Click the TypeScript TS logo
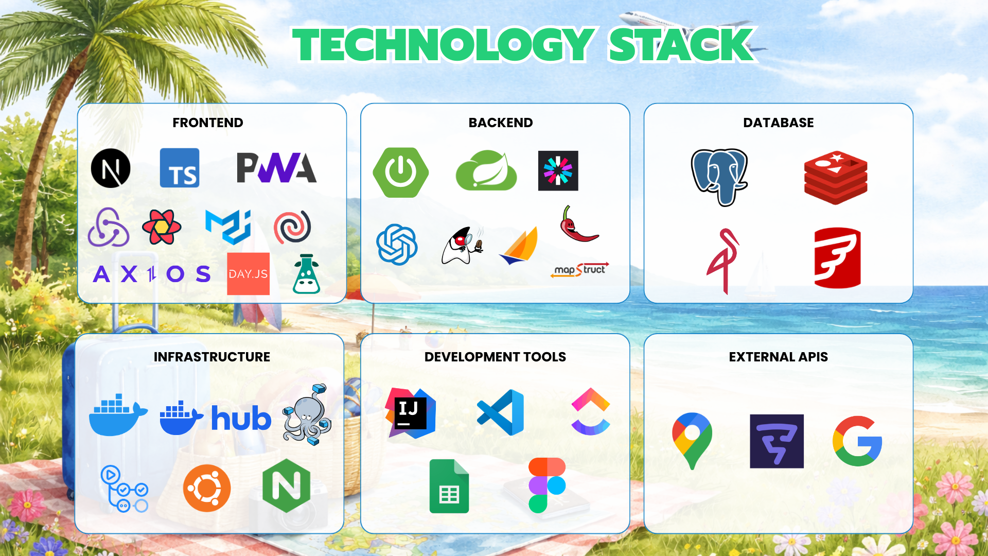coord(180,168)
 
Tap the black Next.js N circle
coord(111,168)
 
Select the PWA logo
coord(276,168)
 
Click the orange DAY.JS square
coord(248,274)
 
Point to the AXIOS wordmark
coord(152,274)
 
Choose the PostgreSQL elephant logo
coord(719,177)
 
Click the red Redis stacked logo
coord(836,178)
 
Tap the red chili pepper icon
coord(578,224)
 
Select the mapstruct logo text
coord(580,270)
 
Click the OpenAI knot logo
coord(397,245)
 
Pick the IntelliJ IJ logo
coord(411,413)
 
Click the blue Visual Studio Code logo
coord(500,412)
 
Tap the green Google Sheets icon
coord(449,486)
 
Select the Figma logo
coord(547,485)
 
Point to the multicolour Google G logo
coord(857,441)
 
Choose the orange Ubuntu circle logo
coord(207,488)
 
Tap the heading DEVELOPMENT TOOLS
coord(495,357)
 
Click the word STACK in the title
coord(682,45)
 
